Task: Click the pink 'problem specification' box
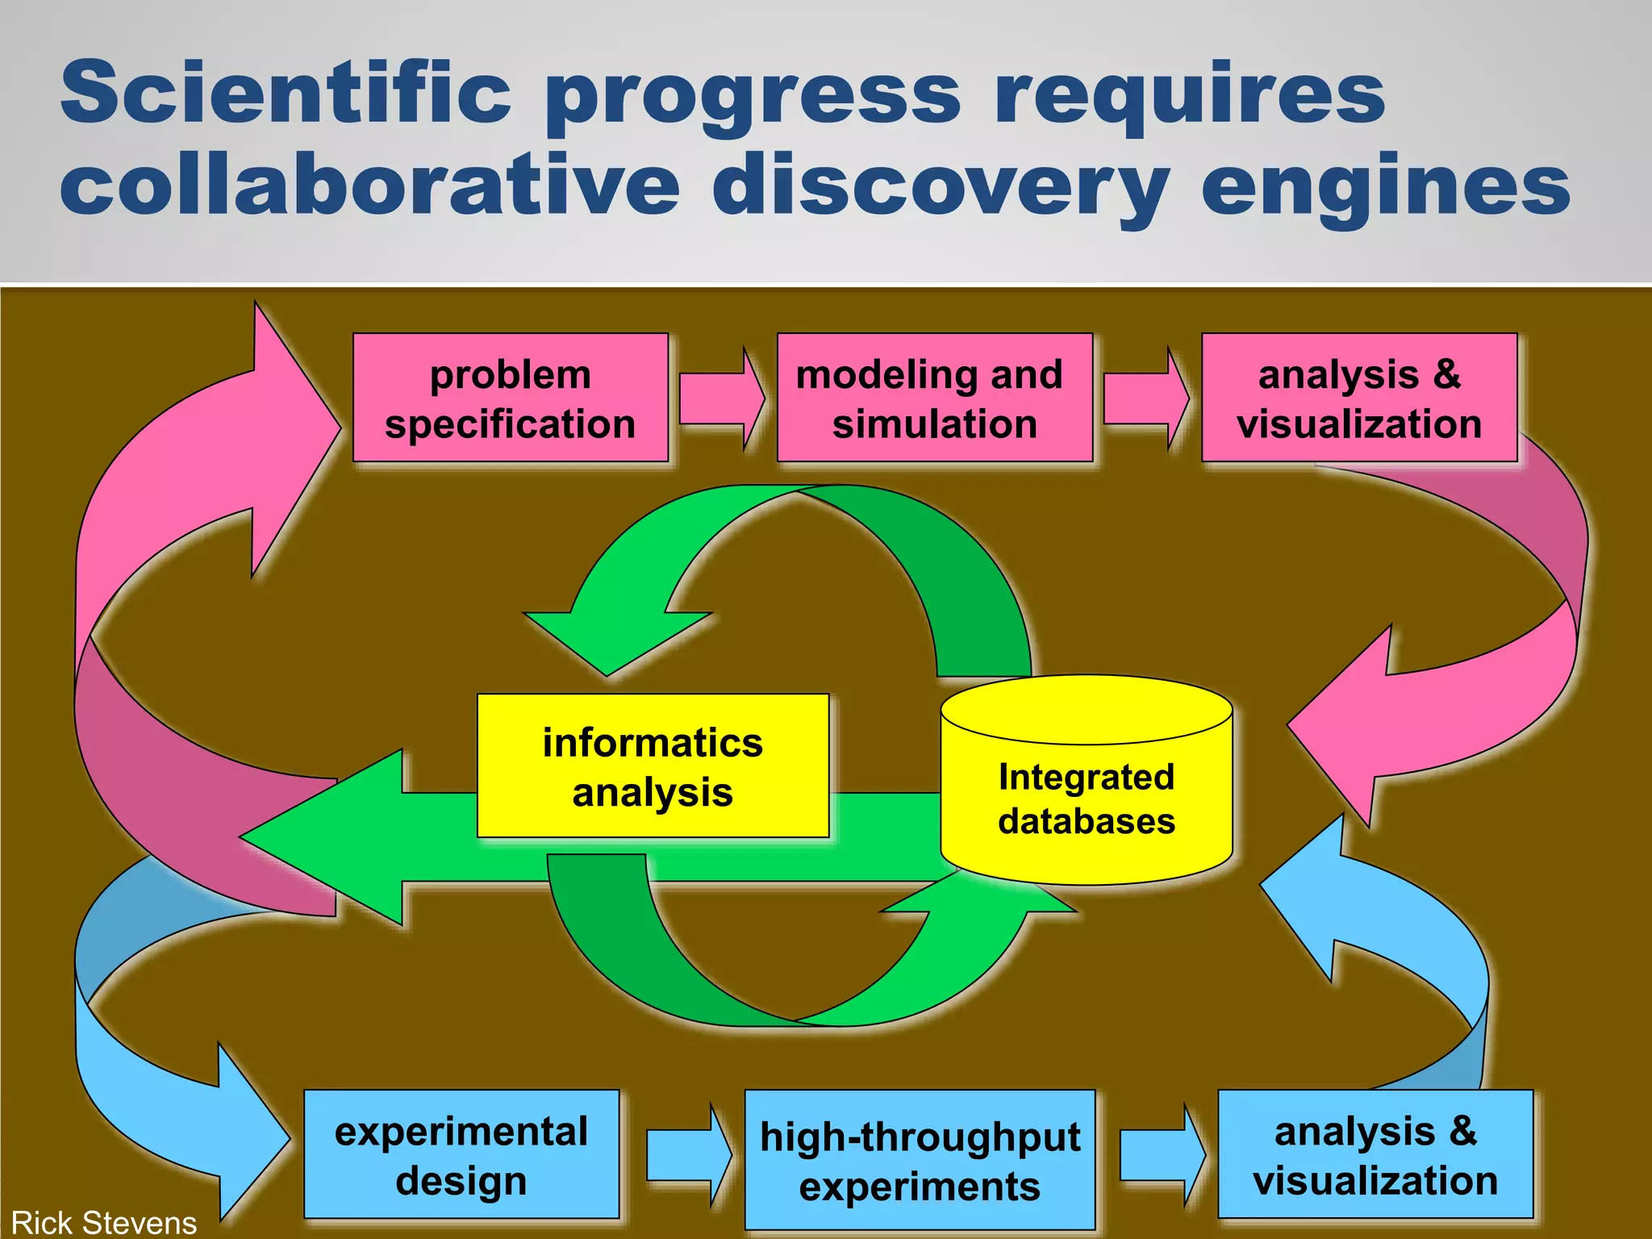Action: (x=511, y=398)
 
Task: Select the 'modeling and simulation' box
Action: (x=934, y=398)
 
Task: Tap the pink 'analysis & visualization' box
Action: (x=1359, y=398)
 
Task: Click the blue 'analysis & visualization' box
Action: (x=1375, y=1154)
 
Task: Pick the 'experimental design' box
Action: (x=461, y=1154)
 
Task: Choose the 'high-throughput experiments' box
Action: (x=920, y=1160)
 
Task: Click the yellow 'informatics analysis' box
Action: (x=653, y=766)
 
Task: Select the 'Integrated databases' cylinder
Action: (x=1086, y=799)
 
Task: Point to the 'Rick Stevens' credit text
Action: (x=104, y=1223)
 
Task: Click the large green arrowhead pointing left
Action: (x=331, y=836)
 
